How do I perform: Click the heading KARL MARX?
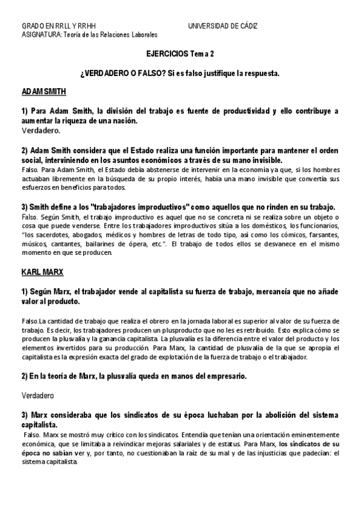coord(42,272)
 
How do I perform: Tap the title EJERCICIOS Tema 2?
coord(180,54)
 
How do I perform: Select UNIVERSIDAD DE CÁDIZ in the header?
coord(223,27)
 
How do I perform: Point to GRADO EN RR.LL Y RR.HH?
coord(58,27)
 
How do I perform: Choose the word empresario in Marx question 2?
coord(224,376)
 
